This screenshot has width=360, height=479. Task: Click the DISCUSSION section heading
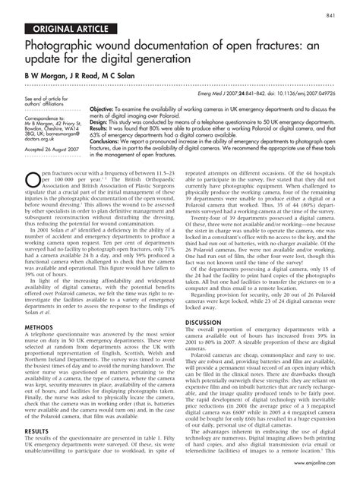coord(205,301)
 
